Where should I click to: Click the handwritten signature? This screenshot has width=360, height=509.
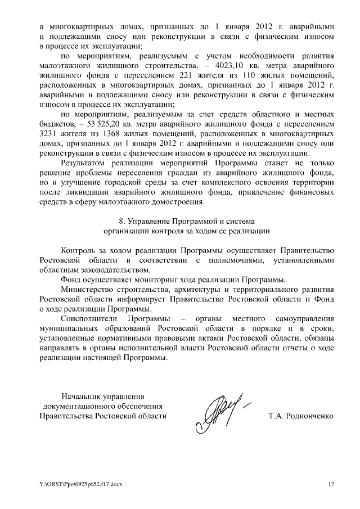point(220,409)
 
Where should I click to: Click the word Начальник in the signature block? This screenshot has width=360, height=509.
point(82,396)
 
